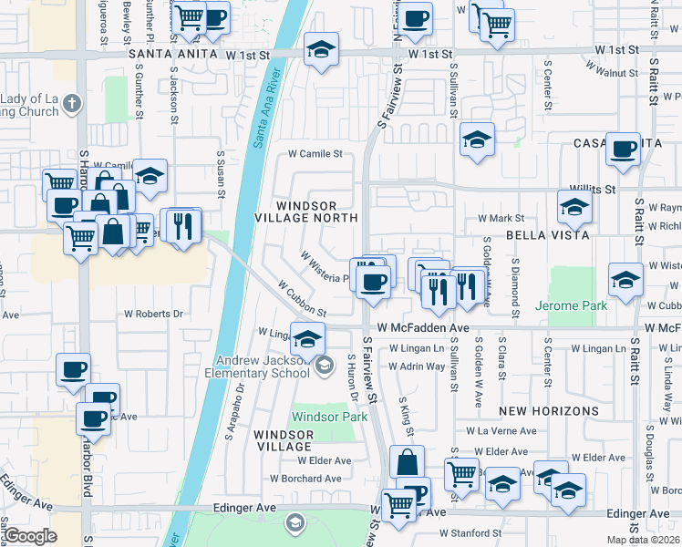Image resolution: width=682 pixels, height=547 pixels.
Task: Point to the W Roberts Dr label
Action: [x=154, y=313]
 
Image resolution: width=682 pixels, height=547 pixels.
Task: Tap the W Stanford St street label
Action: [x=471, y=533]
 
